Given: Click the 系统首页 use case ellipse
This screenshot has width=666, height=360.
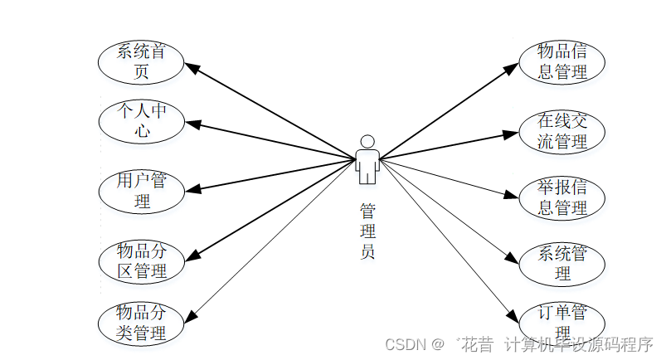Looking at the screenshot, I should (x=140, y=61).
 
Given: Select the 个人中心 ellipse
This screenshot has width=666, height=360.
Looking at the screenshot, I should (x=140, y=119).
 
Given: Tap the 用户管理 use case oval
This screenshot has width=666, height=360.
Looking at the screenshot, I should (x=140, y=191).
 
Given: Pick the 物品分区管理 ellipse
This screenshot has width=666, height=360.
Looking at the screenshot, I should (x=140, y=260).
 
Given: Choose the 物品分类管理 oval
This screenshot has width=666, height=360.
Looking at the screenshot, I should (x=140, y=323).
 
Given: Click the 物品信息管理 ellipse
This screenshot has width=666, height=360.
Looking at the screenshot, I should (x=561, y=61).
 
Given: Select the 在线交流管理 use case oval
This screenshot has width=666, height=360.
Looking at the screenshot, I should (x=561, y=132).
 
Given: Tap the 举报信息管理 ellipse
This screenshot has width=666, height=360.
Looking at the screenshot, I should (x=561, y=197).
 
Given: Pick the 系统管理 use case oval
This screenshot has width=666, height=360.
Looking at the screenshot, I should (x=561, y=262).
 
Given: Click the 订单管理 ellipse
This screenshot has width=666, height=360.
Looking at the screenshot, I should (x=561, y=323).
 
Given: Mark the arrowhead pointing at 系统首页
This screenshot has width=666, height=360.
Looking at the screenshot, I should (x=188, y=66).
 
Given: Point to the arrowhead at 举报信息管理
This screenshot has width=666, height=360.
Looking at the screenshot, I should (x=513, y=196).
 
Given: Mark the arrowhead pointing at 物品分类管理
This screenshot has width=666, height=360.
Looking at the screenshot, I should (x=190, y=314).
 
